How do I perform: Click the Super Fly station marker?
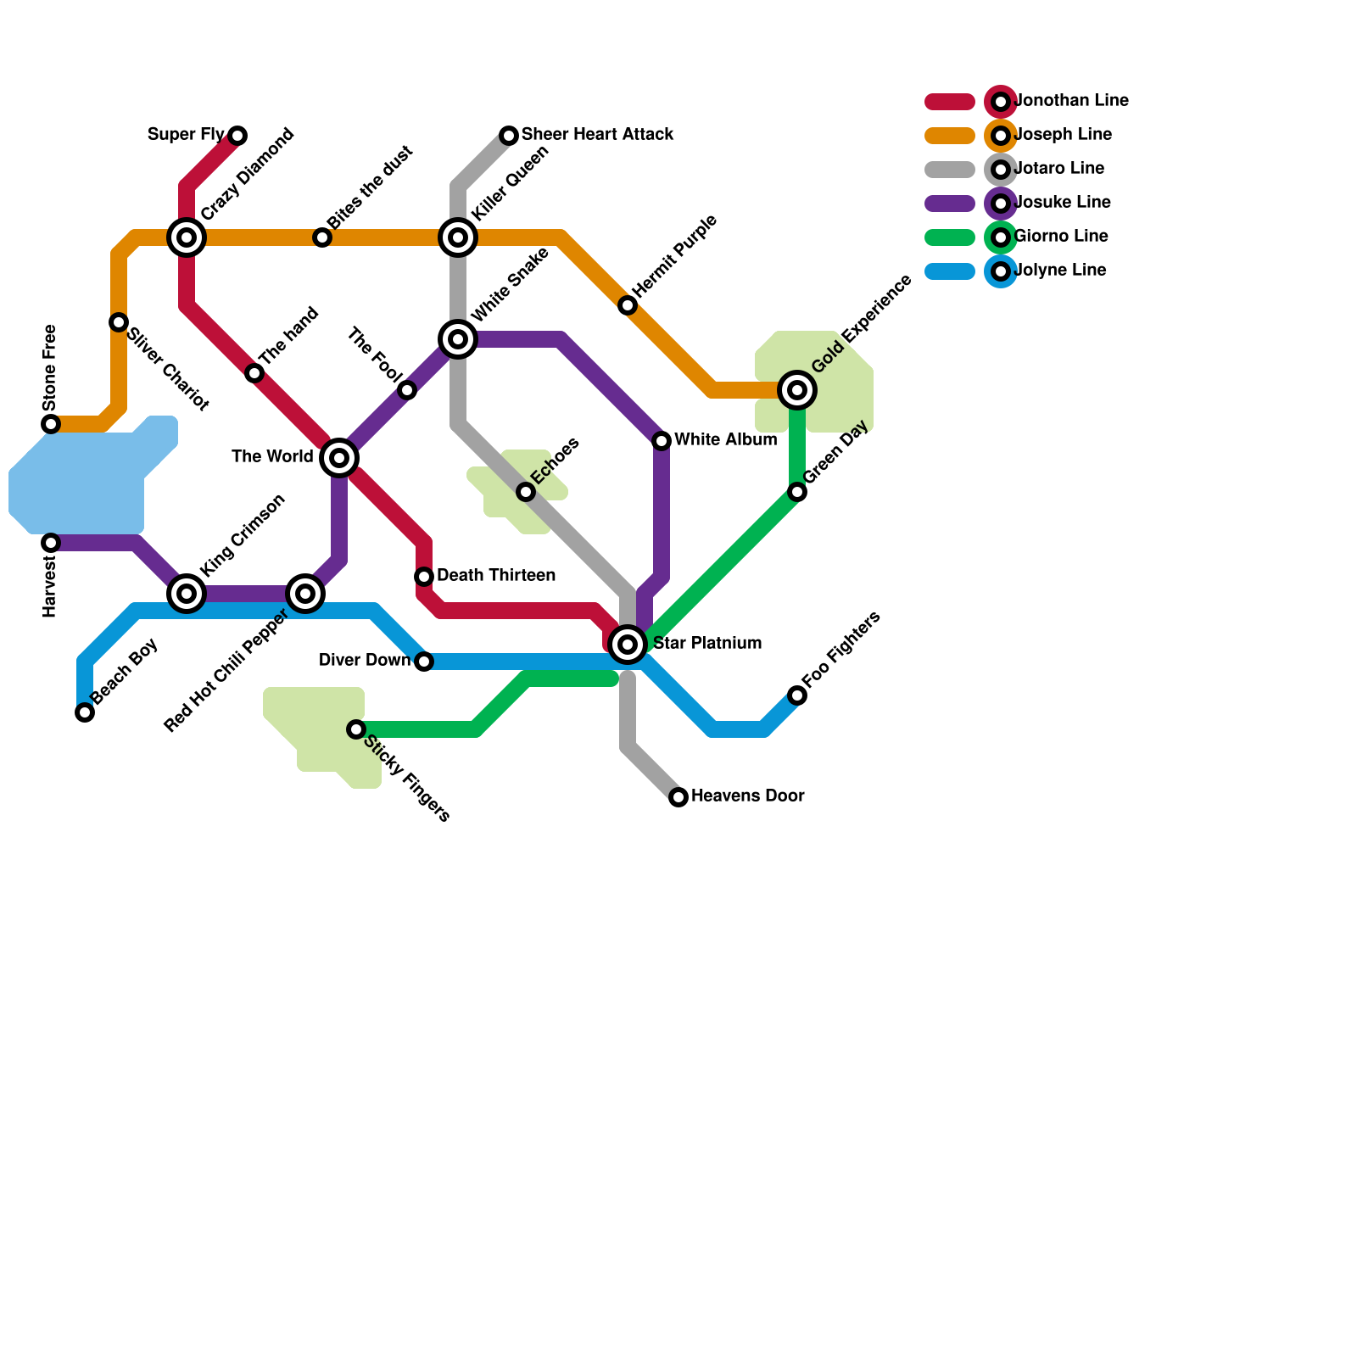point(237,136)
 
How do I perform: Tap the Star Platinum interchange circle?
point(628,645)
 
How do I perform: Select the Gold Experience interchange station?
point(797,390)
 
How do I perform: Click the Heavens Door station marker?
point(678,797)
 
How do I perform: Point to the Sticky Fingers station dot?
point(356,729)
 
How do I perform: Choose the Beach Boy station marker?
point(85,712)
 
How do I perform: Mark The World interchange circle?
point(339,458)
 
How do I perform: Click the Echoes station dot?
point(526,492)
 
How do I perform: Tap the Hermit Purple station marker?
point(628,305)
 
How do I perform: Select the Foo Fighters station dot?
point(797,695)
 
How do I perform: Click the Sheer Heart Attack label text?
point(597,135)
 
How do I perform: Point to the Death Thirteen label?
point(496,576)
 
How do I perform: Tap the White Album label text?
point(725,440)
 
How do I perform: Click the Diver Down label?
point(365,661)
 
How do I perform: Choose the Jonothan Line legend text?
point(1071,101)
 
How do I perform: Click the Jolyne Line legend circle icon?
point(1001,271)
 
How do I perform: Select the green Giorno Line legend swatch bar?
point(950,237)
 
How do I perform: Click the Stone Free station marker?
point(51,424)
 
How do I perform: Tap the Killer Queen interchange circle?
point(458,237)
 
